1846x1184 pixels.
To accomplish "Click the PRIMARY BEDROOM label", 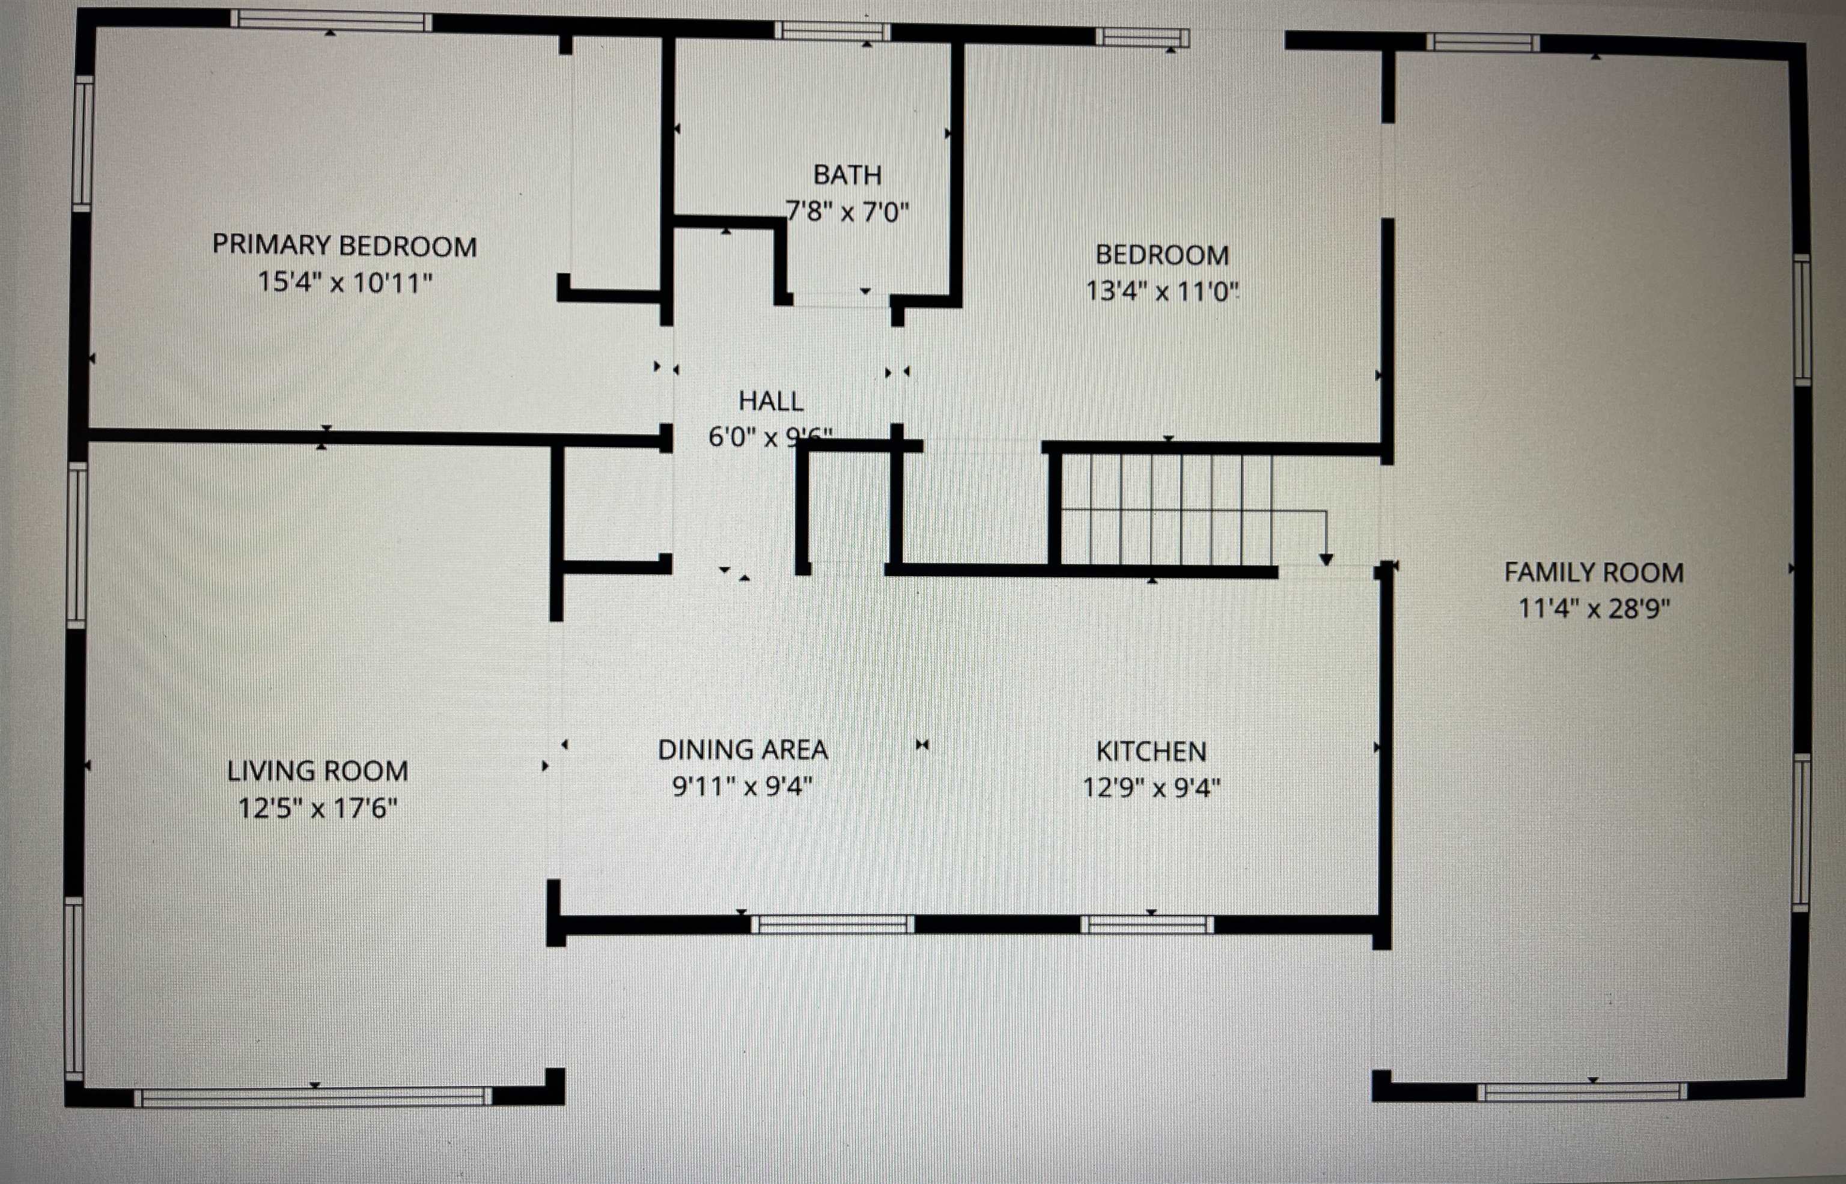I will pyautogui.click(x=344, y=246).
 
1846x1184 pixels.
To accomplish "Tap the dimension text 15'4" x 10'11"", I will pyautogui.click(x=344, y=283).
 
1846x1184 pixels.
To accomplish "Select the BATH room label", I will pyautogui.click(x=847, y=175).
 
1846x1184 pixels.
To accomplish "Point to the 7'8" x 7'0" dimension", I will pyautogui.click(x=847, y=211).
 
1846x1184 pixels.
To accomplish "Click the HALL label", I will pyautogui.click(x=770, y=401).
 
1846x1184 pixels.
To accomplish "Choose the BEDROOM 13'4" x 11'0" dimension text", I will pyautogui.click(x=1162, y=291).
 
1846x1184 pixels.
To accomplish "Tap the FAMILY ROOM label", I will pyautogui.click(x=1594, y=573).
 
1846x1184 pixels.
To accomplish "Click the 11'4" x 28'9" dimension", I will pyautogui.click(x=1594, y=609).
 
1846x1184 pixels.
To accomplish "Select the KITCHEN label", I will pyautogui.click(x=1151, y=751).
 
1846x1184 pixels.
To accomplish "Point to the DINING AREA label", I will pyautogui.click(x=743, y=750).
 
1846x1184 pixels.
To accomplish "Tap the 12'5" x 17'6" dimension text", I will pyautogui.click(x=317, y=808).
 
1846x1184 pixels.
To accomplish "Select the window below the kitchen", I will pyautogui.click(x=1147, y=924).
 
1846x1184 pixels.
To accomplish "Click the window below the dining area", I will pyautogui.click(x=832, y=923).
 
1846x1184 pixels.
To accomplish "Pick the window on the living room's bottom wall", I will pyautogui.click(x=313, y=1097).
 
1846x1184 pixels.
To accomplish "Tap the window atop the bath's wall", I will pyautogui.click(x=832, y=31).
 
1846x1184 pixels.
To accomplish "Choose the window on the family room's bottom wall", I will pyautogui.click(x=1582, y=1091).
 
